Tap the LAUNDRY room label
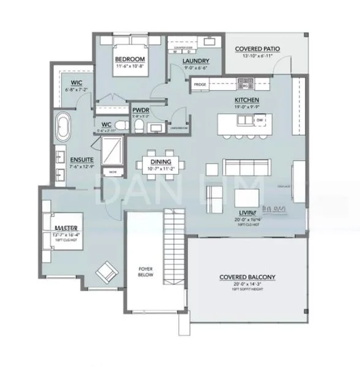196,61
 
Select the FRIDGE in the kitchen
200,84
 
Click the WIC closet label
77,83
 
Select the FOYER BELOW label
145,272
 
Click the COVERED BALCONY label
247,277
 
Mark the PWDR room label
141,111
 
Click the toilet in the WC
121,125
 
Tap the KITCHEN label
247,100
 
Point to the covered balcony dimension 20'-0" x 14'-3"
247,284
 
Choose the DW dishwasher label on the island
260,120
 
